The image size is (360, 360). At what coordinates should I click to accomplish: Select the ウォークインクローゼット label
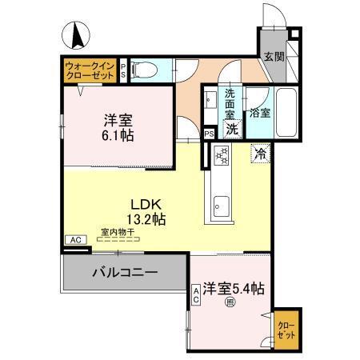pyautogui.click(x=90, y=69)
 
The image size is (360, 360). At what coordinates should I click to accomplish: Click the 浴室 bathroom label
pyautogui.click(x=260, y=113)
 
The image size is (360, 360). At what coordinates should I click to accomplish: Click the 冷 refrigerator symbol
pyautogui.click(x=261, y=153)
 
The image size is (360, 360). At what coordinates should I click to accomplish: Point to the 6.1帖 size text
pyautogui.click(x=118, y=137)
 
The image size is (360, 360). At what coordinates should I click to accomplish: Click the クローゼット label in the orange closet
pyautogui.click(x=286, y=330)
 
